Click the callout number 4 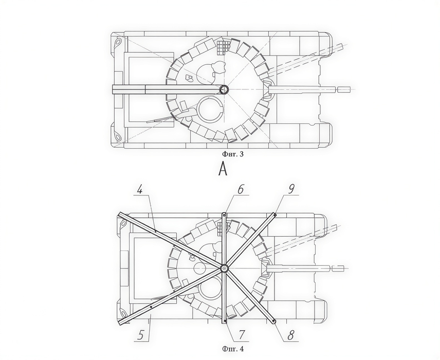tap(140, 190)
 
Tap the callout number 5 tap(142, 335)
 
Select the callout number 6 tap(241, 189)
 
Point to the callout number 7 tap(242, 334)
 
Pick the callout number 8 tap(291, 335)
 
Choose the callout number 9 tap(291, 189)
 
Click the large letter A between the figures tap(223, 169)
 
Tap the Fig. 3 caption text tap(233, 154)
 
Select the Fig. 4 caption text tap(233, 349)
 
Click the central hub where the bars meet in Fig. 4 tap(224, 268)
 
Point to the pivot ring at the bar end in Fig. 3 tap(224, 89)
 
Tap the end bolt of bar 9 tap(274, 215)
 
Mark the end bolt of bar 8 tap(273, 321)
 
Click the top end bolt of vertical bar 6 tap(224, 215)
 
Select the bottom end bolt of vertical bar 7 tap(225, 321)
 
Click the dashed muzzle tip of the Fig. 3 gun tap(344, 89)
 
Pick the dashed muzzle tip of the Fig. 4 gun tap(338, 268)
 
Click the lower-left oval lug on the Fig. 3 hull tap(117, 137)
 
